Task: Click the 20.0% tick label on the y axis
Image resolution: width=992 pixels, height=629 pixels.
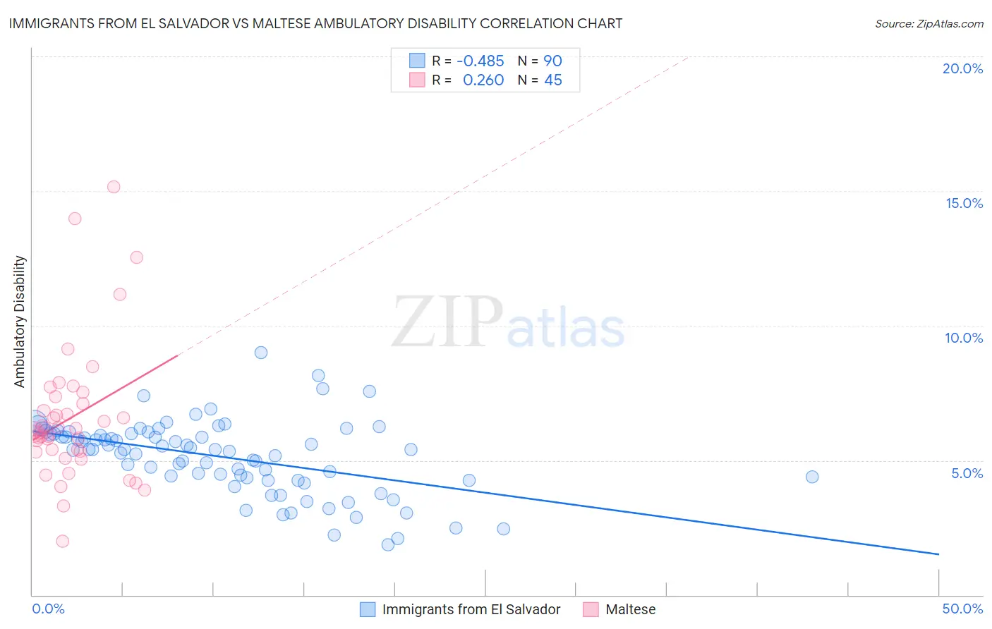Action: (962, 68)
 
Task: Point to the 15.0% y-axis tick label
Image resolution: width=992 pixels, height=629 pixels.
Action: (964, 203)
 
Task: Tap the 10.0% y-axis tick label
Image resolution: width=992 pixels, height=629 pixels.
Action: (964, 338)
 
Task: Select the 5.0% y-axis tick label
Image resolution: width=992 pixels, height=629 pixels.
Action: (967, 473)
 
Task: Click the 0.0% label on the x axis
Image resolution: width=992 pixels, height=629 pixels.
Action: (48, 609)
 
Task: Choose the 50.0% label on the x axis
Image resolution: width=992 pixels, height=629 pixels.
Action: (962, 609)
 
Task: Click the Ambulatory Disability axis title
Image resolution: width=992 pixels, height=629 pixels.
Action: (20, 322)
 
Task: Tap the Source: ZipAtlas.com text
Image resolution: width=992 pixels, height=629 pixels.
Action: (929, 23)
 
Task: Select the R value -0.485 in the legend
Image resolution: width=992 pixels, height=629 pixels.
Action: (480, 61)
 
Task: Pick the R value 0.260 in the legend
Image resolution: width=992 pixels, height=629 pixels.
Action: (483, 80)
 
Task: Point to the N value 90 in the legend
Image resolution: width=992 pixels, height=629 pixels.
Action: (552, 61)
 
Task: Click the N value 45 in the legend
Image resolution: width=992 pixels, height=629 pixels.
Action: (553, 80)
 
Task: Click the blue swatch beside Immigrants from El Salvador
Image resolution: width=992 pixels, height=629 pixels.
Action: (368, 609)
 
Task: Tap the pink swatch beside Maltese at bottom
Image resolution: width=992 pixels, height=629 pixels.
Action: (591, 609)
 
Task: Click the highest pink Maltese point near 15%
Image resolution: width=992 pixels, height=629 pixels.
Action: (114, 187)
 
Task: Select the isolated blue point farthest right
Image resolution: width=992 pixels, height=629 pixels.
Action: (812, 477)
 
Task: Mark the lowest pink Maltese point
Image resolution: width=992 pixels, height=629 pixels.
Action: (63, 541)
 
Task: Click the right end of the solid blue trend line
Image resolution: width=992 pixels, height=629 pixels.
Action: (938, 554)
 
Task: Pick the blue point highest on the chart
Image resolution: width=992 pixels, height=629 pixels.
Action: (261, 353)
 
